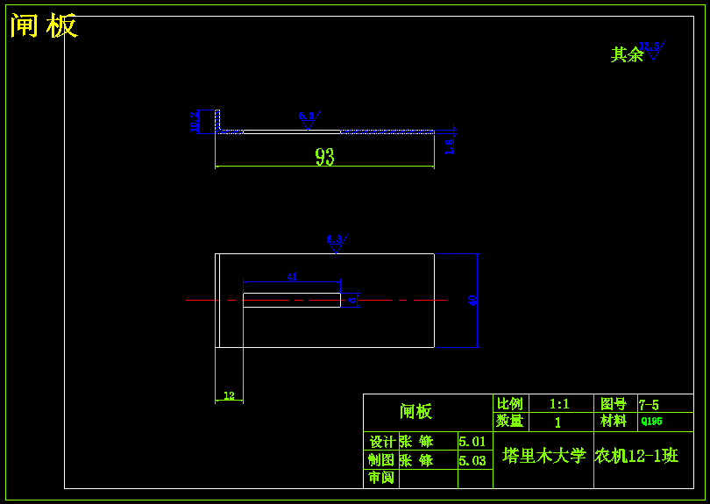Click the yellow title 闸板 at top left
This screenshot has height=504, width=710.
tap(44, 25)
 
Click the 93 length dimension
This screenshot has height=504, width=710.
tap(324, 157)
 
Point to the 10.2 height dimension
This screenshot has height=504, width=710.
tap(195, 121)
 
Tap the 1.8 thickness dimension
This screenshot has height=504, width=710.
tap(449, 146)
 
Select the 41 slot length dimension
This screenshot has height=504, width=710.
tap(292, 277)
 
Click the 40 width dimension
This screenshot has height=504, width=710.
tap(473, 301)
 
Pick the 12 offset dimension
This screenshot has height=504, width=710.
tap(229, 396)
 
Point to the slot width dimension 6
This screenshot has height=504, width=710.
tap(352, 300)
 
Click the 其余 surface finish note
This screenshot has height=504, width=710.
tap(627, 55)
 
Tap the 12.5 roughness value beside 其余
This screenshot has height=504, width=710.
tap(651, 46)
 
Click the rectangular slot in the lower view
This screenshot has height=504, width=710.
tap(291, 300)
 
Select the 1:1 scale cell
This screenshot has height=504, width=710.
tap(559, 404)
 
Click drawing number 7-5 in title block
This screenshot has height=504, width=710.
tap(650, 404)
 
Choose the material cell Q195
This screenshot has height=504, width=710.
tap(652, 421)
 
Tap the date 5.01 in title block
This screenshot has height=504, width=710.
tap(472, 442)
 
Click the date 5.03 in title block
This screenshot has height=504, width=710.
tap(472, 460)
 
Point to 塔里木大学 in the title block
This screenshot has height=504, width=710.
tap(543, 456)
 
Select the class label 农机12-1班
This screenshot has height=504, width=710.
tap(636, 456)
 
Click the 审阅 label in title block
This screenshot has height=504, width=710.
tap(381, 478)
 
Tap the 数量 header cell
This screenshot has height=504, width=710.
tap(510, 421)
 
